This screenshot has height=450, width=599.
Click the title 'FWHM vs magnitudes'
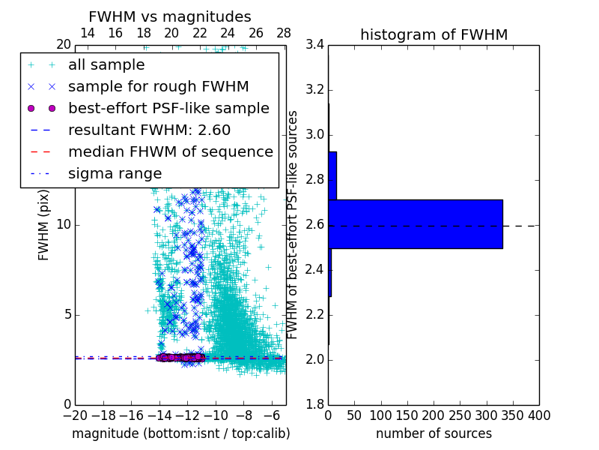[169, 16]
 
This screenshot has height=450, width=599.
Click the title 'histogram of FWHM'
[434, 34]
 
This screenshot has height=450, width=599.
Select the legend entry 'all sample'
[106, 65]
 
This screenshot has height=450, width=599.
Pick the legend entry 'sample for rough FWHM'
[158, 87]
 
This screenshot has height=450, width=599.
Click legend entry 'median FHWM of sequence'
[170, 151]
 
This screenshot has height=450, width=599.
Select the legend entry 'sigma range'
[115, 173]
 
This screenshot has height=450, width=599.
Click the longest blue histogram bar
[416, 223]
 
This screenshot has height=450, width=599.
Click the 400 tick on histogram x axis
[538, 415]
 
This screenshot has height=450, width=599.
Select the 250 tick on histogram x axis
[460, 415]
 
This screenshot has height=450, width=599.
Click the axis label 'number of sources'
[434, 433]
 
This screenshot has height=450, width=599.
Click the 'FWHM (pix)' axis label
[44, 225]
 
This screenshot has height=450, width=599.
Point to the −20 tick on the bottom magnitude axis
[75, 415]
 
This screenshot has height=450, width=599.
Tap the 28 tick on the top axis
[284, 33]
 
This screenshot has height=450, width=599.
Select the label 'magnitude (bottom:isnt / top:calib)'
[180, 433]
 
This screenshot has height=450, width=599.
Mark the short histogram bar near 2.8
[332, 175]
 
